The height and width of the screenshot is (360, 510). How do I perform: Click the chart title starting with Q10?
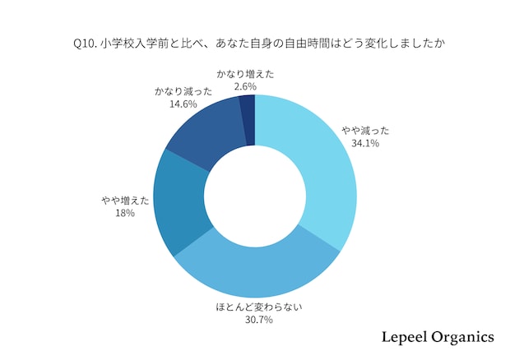coord(254,42)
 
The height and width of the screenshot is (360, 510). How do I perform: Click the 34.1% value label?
coord(366,143)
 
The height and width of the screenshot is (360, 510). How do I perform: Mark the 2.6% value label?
coord(245,86)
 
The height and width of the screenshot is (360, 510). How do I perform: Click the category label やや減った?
coord(366,130)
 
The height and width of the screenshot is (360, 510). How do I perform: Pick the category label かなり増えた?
coord(245,74)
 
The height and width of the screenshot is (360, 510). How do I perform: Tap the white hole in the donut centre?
coord(255,196)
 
